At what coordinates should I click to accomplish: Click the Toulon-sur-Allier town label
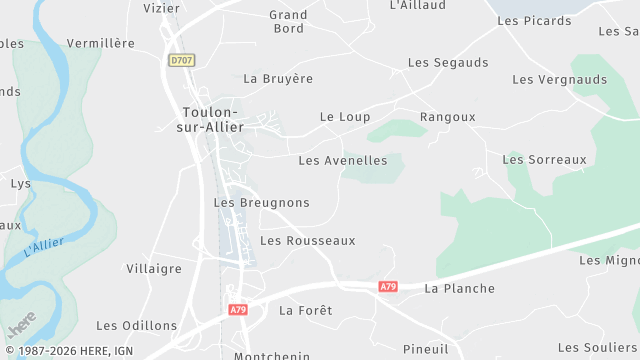(x=210, y=120)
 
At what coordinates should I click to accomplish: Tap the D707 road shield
(x=181, y=60)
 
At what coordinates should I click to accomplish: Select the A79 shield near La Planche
(x=388, y=287)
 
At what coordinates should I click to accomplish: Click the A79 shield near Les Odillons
(x=237, y=310)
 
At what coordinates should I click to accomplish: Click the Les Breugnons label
(x=262, y=203)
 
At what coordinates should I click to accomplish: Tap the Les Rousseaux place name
(x=308, y=241)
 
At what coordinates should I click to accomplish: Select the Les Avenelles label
(x=343, y=161)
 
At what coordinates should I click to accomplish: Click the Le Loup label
(x=345, y=118)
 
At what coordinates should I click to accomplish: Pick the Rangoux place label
(x=448, y=118)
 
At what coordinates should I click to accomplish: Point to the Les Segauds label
(x=448, y=63)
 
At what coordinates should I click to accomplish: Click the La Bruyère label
(x=279, y=79)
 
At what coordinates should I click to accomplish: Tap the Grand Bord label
(x=289, y=22)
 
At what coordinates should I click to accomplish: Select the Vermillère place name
(x=100, y=44)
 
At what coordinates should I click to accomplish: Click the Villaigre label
(x=155, y=269)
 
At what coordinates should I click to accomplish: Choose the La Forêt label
(x=305, y=311)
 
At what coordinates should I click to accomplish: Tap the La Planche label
(x=460, y=289)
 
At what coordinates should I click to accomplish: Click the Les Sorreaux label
(x=544, y=160)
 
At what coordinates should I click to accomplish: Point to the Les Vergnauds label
(x=560, y=80)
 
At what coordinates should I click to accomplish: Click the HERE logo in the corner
(x=21, y=327)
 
